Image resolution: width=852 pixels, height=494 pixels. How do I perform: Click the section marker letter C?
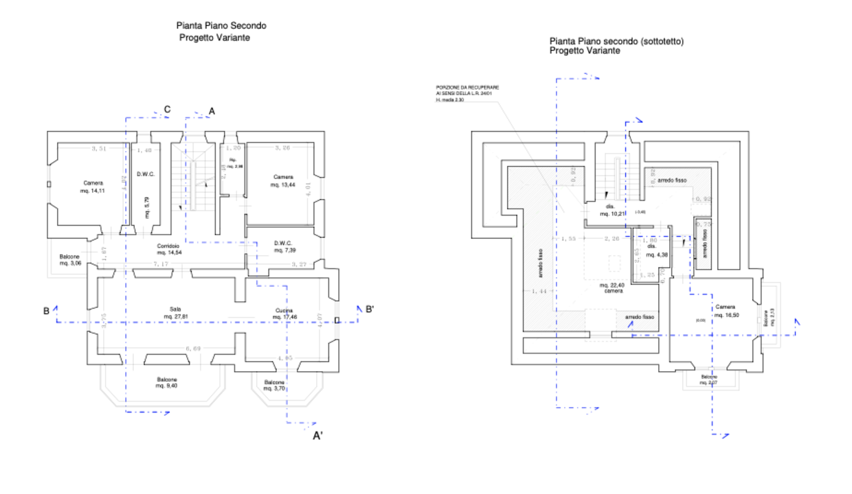(x=167, y=109)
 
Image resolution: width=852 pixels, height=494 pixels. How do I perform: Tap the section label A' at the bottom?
(x=318, y=436)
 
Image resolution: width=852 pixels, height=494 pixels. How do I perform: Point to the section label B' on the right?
(x=369, y=310)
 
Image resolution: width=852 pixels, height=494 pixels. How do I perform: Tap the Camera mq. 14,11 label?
(x=94, y=187)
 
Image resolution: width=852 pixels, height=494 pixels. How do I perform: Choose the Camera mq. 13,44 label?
(x=283, y=180)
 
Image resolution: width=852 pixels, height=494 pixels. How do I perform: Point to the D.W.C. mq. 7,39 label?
(x=284, y=246)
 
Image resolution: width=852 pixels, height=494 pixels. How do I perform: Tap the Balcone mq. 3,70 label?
(x=275, y=386)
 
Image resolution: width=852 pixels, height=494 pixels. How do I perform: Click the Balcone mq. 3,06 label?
(x=70, y=259)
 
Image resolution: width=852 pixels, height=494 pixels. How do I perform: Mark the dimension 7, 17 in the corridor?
(x=161, y=263)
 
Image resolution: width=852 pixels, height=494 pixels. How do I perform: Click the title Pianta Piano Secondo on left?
(x=221, y=26)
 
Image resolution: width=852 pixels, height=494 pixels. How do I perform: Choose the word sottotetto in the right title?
(x=661, y=42)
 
